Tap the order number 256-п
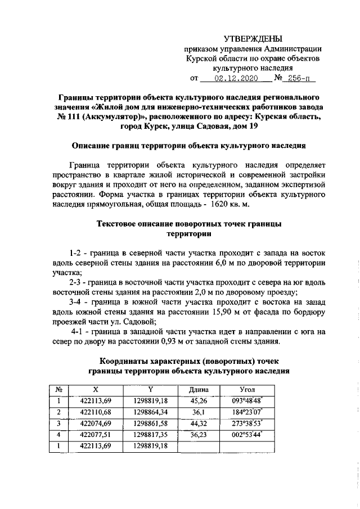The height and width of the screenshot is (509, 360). pos(296,79)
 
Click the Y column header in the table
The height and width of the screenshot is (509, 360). pos(150,390)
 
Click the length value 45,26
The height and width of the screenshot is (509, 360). pos(199,401)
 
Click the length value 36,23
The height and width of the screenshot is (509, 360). pos(199,435)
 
